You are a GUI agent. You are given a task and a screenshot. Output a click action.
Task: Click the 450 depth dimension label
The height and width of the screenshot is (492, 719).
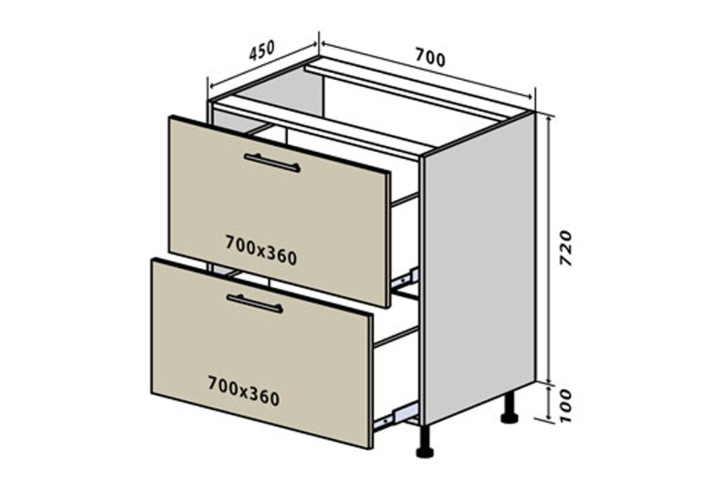(262, 50)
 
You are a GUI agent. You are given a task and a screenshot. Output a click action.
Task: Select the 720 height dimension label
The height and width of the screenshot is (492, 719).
(566, 248)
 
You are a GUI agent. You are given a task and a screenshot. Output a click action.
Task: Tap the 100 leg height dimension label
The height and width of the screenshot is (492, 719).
(566, 406)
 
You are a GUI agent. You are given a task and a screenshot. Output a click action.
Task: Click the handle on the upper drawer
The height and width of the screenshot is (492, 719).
(272, 163)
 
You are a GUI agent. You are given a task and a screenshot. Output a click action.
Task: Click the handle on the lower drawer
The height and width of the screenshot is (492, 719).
(255, 304)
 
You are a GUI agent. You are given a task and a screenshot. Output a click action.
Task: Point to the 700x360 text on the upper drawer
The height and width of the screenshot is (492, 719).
(262, 250)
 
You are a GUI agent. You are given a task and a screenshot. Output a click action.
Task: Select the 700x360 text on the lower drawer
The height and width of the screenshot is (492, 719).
(244, 391)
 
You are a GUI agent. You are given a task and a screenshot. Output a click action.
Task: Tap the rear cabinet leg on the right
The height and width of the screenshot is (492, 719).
(509, 409)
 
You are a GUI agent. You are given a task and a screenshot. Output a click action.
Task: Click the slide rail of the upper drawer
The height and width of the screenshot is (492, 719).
(405, 278)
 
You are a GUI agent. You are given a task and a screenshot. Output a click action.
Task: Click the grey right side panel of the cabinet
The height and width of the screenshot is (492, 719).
(480, 268)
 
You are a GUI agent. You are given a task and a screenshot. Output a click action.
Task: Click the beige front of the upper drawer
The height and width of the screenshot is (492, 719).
(280, 211)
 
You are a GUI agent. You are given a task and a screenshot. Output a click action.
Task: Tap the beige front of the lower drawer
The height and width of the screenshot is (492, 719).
(262, 353)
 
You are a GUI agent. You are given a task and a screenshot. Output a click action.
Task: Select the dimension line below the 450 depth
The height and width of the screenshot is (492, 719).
(263, 65)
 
